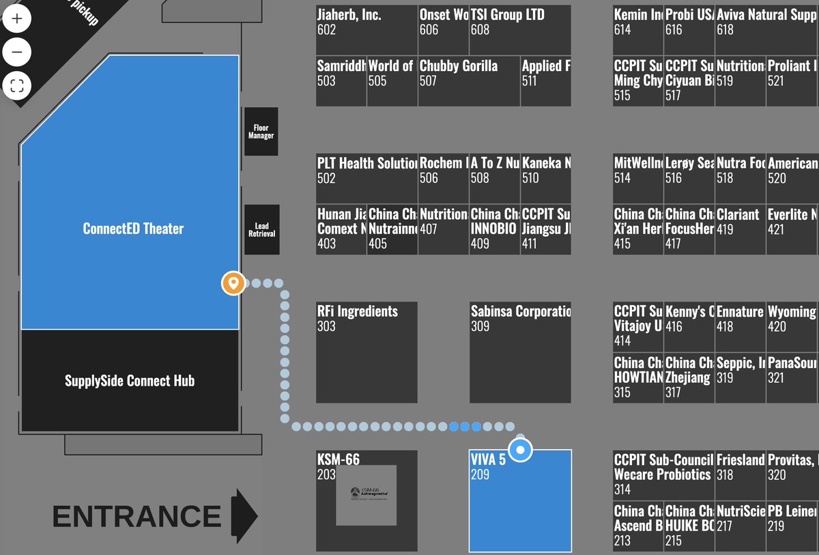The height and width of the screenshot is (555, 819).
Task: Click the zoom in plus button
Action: (x=17, y=18)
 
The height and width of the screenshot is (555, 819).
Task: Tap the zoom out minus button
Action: (x=17, y=52)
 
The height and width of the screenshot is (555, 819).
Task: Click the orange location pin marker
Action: (x=233, y=283)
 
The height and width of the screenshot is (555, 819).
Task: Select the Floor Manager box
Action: (x=261, y=131)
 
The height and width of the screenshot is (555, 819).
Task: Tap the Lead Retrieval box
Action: (x=261, y=229)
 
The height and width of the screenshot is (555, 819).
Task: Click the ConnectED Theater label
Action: (x=133, y=229)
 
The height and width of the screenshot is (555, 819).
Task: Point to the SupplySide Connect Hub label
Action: (x=130, y=381)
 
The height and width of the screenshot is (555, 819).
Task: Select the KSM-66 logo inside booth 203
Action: (x=367, y=494)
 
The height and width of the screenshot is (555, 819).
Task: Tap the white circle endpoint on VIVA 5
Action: (x=521, y=450)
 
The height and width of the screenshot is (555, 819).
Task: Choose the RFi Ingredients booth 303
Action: (x=367, y=352)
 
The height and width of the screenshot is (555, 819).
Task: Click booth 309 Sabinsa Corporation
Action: (x=520, y=352)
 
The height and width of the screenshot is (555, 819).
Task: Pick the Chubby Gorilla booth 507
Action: (x=469, y=81)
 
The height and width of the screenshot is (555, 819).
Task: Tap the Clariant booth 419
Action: (x=741, y=229)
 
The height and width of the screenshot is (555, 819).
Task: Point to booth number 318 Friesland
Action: (x=741, y=474)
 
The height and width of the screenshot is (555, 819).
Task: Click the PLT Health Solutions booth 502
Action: (x=367, y=178)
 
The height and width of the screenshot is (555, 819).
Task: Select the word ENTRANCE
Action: (x=136, y=517)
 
